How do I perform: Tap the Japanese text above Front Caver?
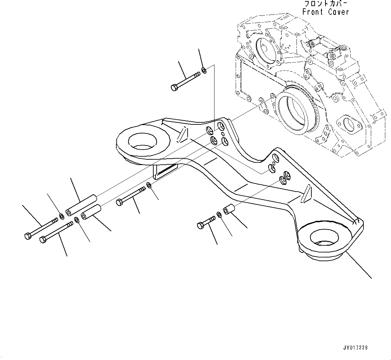coord(326,4)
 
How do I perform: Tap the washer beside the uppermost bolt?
coord(204,70)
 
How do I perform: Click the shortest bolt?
coord(206,222)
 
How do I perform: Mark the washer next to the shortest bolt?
coord(219,214)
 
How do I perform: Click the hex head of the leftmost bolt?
coord(28,236)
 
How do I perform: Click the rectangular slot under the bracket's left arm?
coord(165,172)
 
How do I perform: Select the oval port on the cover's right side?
coord(348,123)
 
